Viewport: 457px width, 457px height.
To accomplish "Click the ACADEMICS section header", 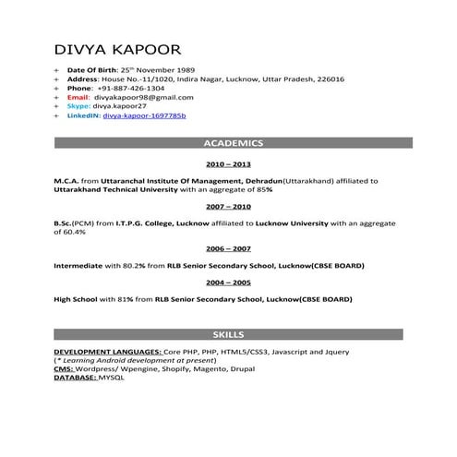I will click(x=233, y=143).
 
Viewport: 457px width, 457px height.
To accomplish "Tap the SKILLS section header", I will click(x=228, y=333).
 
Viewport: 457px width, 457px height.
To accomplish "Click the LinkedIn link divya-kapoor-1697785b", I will click(x=145, y=116).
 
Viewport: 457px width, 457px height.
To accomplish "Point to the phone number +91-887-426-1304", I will click(x=132, y=88).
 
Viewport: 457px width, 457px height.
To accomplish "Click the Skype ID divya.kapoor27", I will click(x=120, y=106).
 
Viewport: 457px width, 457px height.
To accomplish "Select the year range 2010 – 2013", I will click(x=228, y=163).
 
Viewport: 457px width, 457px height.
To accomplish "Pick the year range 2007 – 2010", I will click(x=228, y=207).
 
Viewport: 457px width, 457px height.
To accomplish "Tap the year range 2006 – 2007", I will click(x=228, y=249).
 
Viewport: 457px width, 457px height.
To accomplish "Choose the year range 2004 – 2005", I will click(x=228, y=283).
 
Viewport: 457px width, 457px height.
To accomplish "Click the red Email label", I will click(x=78, y=97).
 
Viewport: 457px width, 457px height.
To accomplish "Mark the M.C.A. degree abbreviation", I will click(x=68, y=181).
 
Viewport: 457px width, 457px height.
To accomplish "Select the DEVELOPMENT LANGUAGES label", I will click(x=106, y=353).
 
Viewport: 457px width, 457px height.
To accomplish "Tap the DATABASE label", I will click(x=74, y=378).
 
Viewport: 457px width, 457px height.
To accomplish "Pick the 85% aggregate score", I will click(x=263, y=189).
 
